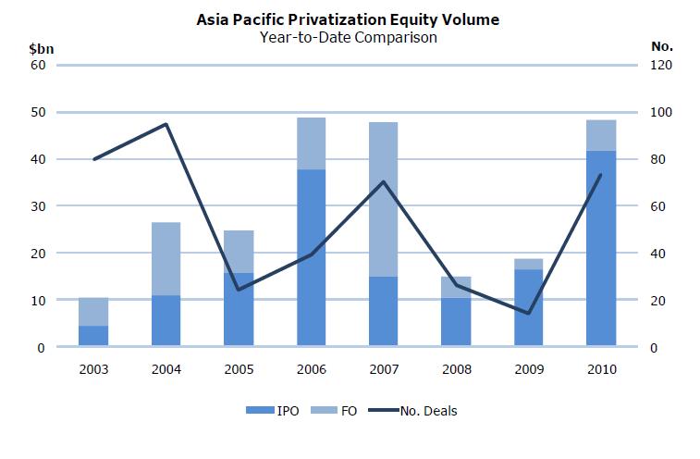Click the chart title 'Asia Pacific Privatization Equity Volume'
[349, 19]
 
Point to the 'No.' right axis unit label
[662, 46]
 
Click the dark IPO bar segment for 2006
[311, 258]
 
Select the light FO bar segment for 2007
[383, 199]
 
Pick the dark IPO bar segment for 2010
[601, 249]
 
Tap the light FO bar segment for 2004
[166, 259]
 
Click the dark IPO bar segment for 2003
[94, 337]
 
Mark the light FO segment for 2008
[455, 287]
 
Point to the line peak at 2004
[166, 124]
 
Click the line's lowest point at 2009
[528, 313]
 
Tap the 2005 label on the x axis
[239, 368]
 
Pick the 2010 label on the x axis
[601, 368]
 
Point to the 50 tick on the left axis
[39, 113]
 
